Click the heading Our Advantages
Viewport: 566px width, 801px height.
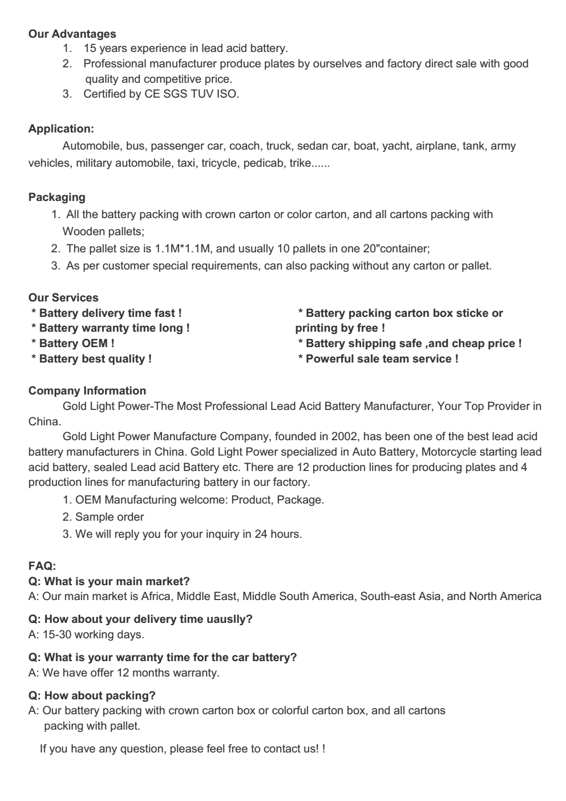pos(72,34)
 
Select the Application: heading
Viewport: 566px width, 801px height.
pos(61,128)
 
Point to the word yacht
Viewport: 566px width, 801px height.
pos(395,146)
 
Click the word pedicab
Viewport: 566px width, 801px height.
pos(263,163)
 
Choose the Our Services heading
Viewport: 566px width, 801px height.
pos(63,297)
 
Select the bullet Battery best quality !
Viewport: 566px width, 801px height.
pos(91,359)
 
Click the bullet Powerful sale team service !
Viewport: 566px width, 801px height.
pos(378,359)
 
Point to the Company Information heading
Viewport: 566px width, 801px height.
pos(87,391)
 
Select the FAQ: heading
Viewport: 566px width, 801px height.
pos(42,566)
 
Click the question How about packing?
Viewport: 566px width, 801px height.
pos(92,695)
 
